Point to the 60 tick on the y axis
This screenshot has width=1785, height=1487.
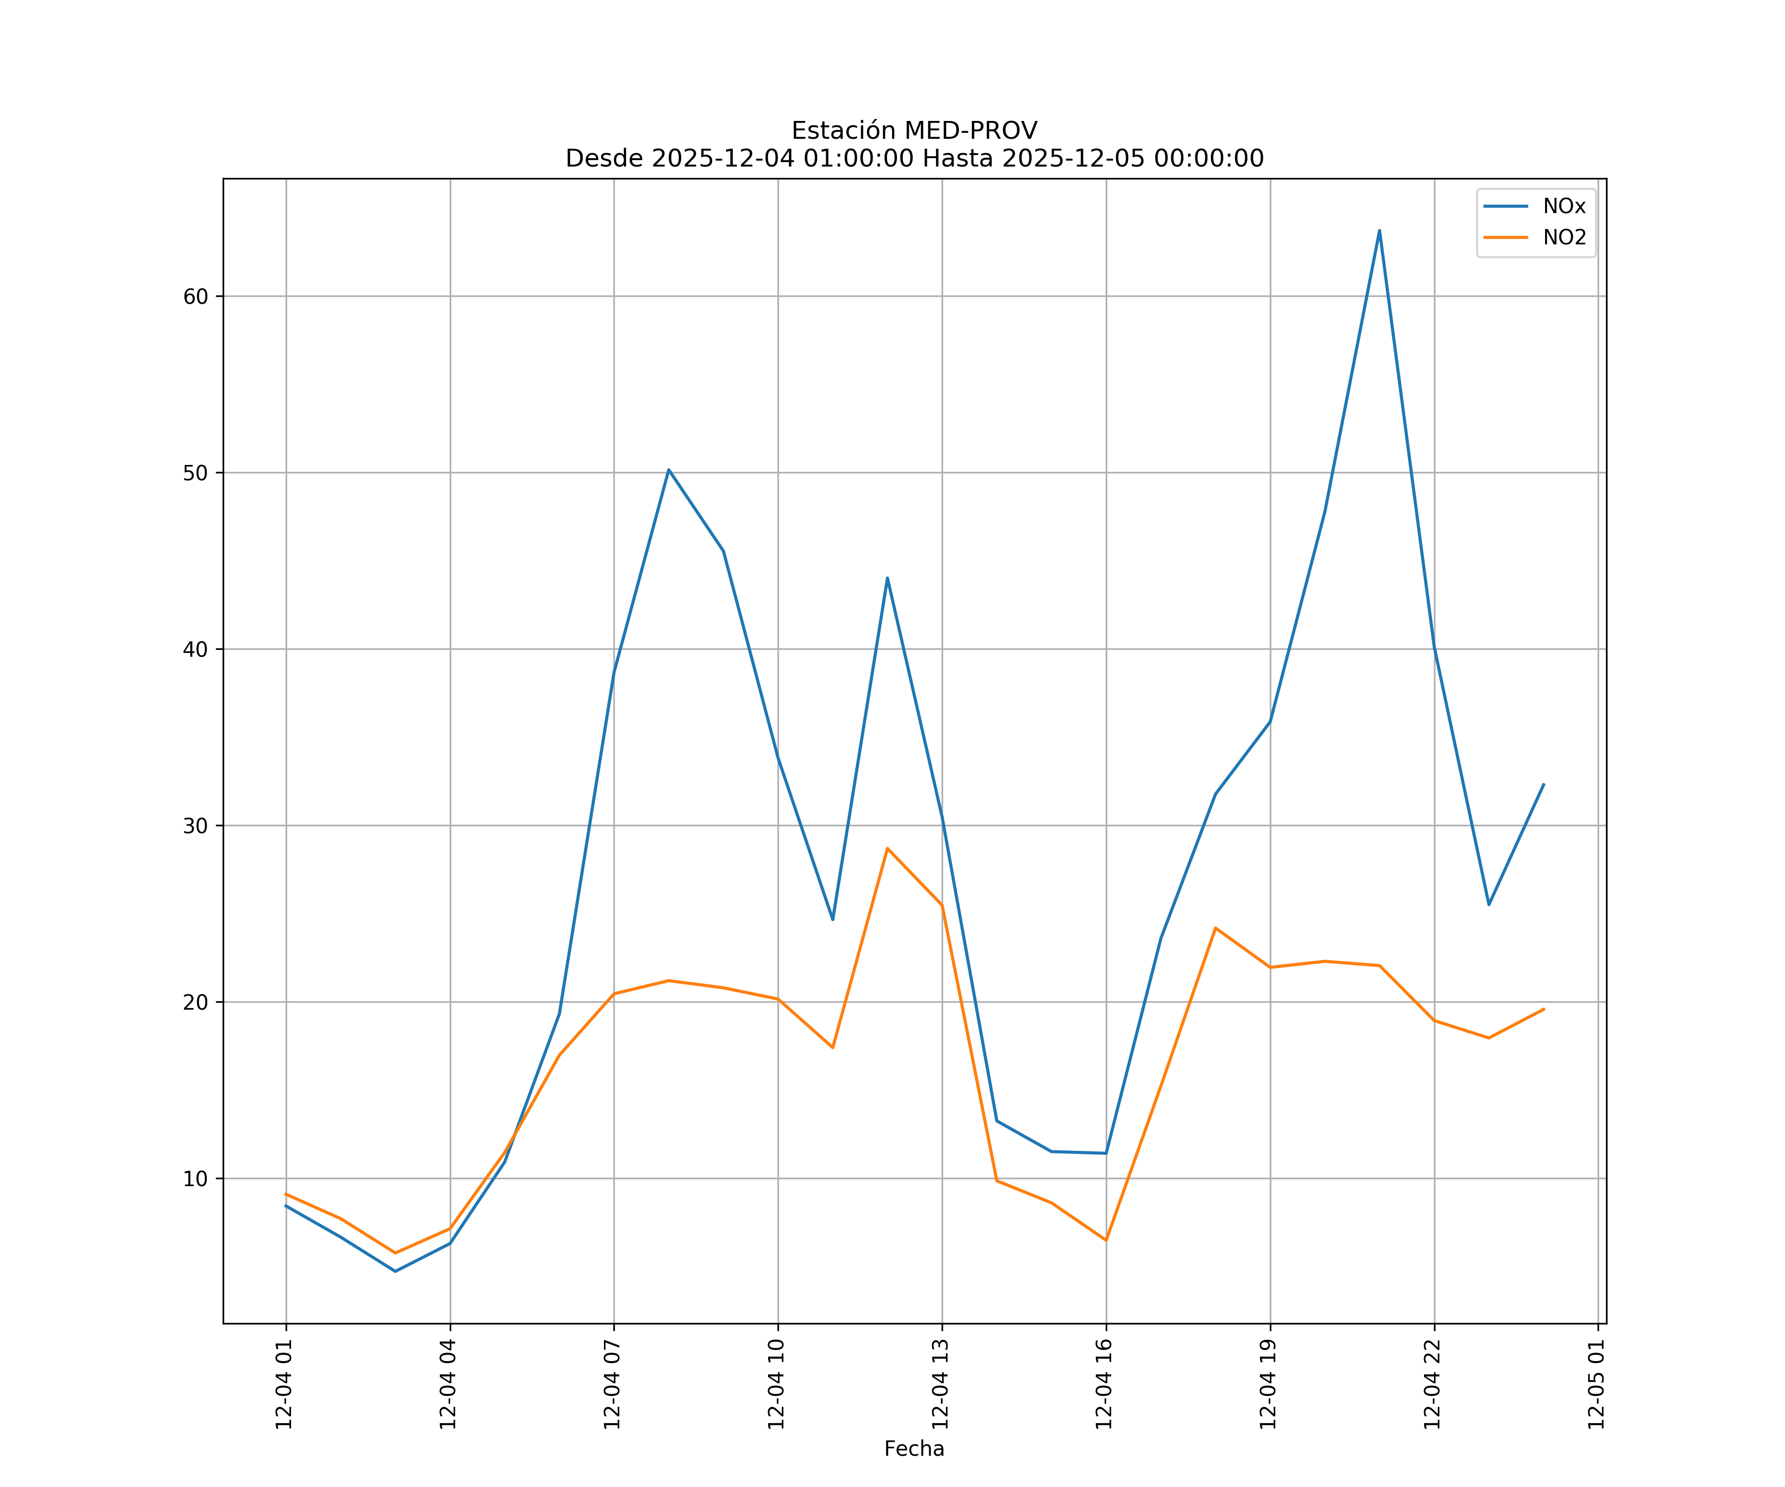click(195, 296)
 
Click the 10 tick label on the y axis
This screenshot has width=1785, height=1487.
click(195, 1179)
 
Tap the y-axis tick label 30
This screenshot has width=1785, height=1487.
click(195, 826)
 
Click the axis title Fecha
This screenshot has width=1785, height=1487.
click(914, 1449)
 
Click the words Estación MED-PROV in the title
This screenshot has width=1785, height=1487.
click(914, 131)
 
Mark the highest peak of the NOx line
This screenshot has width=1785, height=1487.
click(1379, 230)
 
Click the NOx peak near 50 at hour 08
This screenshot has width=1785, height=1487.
click(669, 470)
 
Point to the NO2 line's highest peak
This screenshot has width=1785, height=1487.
click(888, 848)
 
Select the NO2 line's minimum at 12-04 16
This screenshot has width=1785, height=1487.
click(1106, 1241)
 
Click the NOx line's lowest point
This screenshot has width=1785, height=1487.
click(395, 1271)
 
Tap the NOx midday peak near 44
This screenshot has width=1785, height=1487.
click(888, 578)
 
